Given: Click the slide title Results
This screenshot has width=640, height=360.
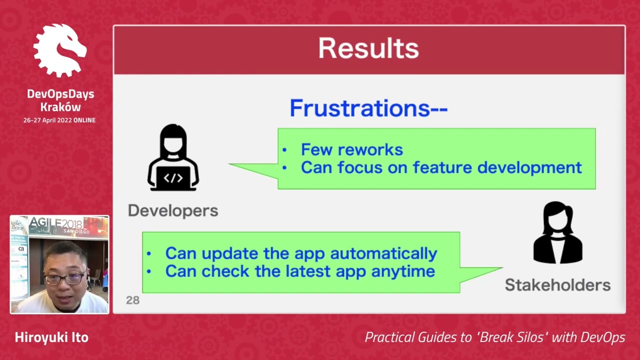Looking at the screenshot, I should (368, 48).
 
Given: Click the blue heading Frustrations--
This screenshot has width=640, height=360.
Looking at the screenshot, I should (368, 108).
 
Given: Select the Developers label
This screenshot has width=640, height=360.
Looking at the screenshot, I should (173, 210).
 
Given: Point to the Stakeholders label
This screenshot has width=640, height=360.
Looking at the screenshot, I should (557, 285).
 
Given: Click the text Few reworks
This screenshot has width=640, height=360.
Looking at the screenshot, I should (351, 149).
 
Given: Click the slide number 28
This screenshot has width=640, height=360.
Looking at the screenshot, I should (132, 300).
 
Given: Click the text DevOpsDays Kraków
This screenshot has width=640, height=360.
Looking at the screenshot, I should (60, 100).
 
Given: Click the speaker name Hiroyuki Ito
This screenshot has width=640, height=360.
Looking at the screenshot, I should (51, 337).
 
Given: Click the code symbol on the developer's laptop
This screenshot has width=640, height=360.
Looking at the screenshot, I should (173, 178).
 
